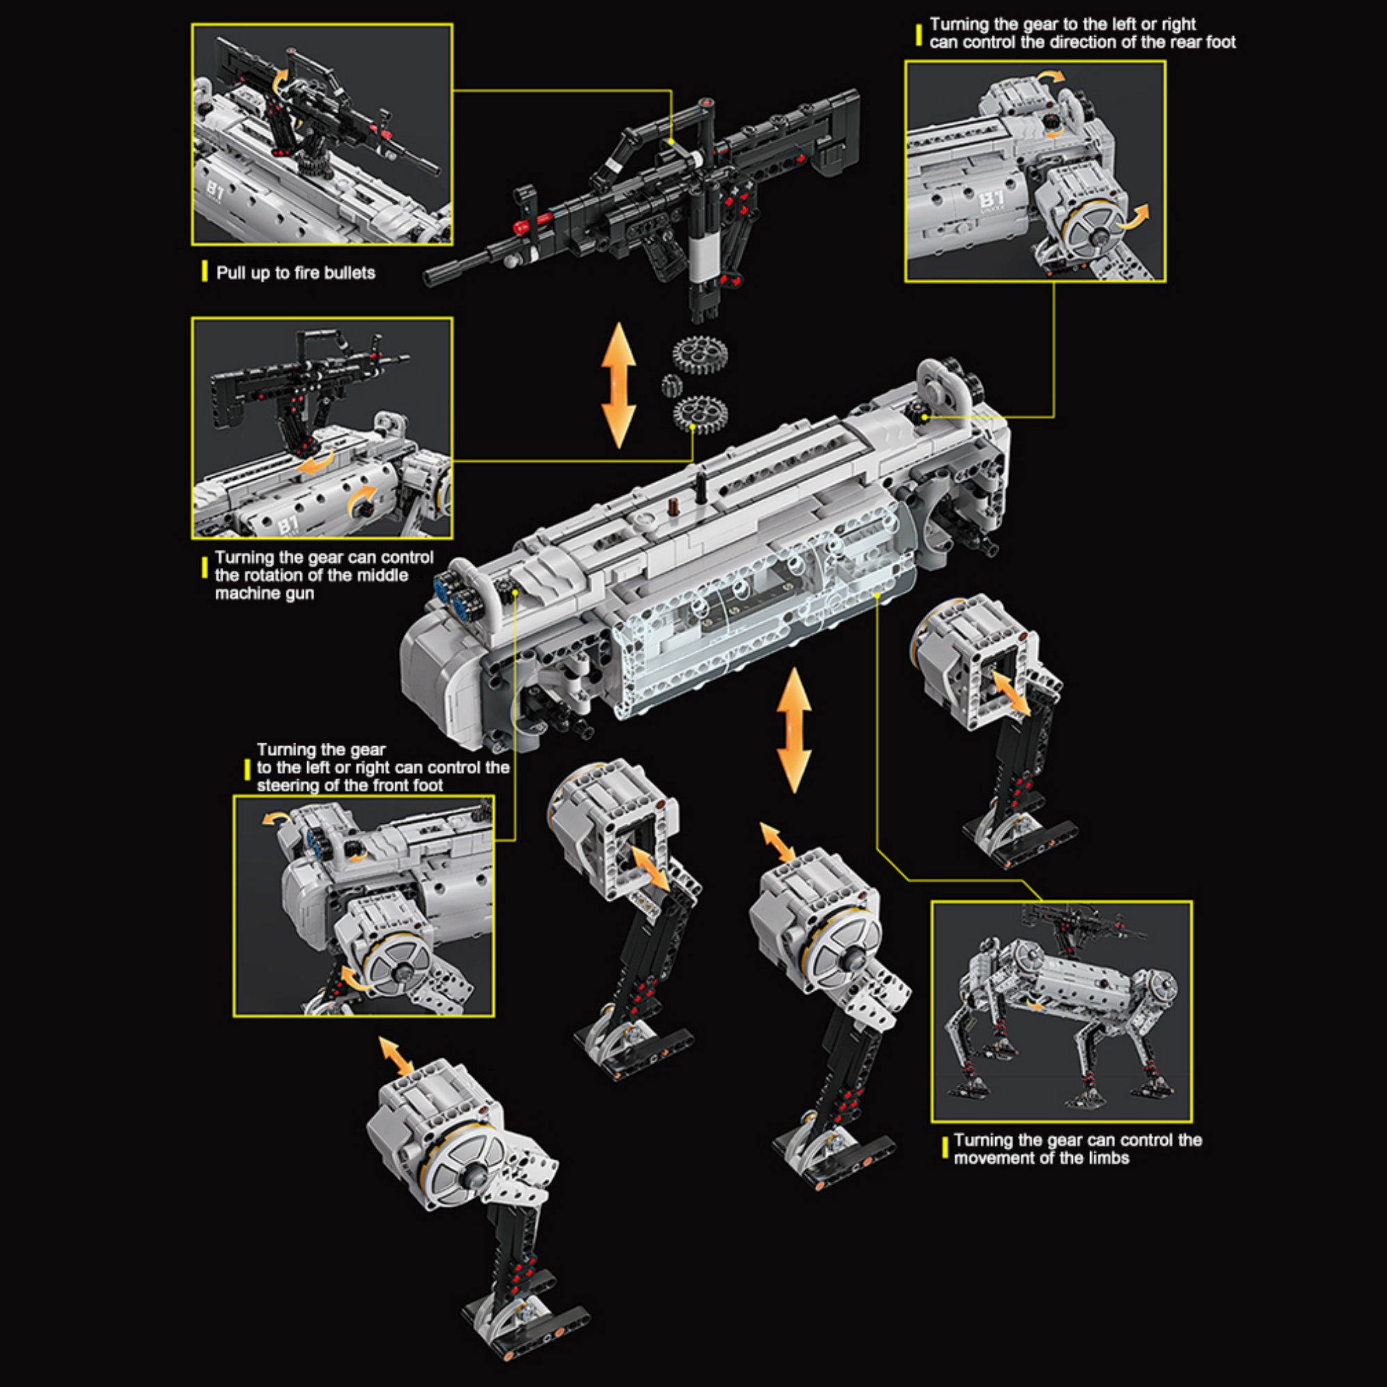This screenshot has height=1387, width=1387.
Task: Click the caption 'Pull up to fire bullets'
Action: (x=295, y=273)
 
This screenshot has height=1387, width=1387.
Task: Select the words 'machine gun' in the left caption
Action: (x=264, y=594)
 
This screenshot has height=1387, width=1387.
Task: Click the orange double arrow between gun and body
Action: (x=618, y=386)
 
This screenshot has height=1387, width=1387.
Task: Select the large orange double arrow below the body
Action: (x=793, y=730)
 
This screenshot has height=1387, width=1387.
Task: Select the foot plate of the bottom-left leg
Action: (x=528, y=1323)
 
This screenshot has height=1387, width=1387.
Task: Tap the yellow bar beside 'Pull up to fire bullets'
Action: (x=205, y=272)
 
